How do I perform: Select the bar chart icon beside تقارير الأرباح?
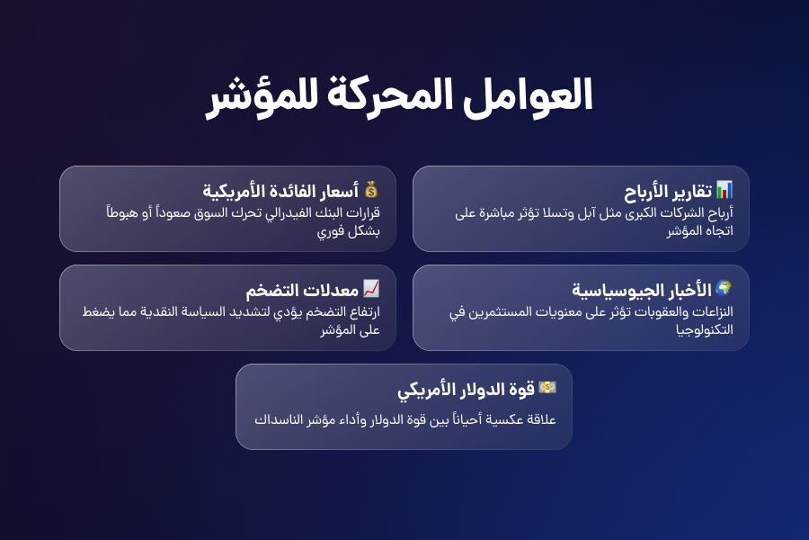tap(725, 190)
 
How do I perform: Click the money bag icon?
tap(371, 190)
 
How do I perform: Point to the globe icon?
tap(725, 289)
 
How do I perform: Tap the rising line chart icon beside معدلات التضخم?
tap(371, 289)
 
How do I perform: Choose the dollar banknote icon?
tap(547, 388)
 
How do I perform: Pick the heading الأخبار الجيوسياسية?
tap(642, 291)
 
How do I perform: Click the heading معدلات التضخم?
tap(302, 291)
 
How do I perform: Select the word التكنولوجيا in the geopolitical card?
tap(706, 329)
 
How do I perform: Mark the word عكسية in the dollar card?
tap(502, 419)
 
